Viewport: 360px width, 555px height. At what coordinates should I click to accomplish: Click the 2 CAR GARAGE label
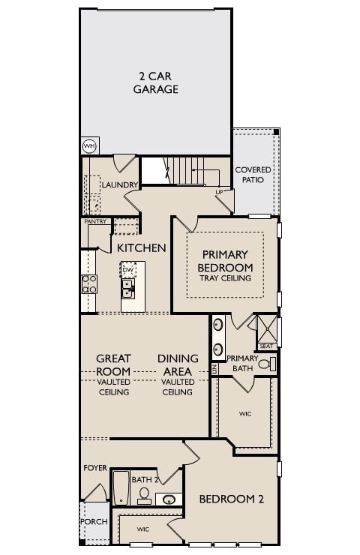(x=156, y=83)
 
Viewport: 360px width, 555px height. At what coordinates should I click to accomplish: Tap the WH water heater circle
(x=89, y=145)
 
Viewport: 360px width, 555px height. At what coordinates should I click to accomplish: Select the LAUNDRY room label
(x=119, y=184)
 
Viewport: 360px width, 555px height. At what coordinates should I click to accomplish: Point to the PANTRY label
(x=94, y=222)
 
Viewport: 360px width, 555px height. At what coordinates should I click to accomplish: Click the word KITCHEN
(x=141, y=247)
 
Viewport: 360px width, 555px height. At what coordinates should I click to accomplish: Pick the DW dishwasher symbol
(x=128, y=270)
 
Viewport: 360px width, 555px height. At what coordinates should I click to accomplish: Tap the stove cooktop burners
(x=88, y=283)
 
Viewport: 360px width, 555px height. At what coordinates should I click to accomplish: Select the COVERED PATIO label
(x=253, y=175)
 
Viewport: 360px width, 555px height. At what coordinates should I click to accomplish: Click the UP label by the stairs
(x=219, y=192)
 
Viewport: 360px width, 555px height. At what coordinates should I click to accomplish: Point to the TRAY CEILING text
(x=225, y=278)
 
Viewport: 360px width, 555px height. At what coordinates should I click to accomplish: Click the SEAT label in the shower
(x=265, y=346)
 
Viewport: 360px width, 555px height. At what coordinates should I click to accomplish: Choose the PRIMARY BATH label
(x=242, y=363)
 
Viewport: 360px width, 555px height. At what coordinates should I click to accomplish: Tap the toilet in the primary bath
(x=265, y=364)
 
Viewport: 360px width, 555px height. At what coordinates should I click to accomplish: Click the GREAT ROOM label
(x=113, y=365)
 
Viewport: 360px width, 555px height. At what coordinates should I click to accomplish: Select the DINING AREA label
(x=178, y=365)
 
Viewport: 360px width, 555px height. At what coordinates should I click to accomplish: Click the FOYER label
(x=95, y=467)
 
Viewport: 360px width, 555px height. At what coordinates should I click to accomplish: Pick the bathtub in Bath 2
(x=120, y=487)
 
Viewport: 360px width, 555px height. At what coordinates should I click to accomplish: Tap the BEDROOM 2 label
(x=230, y=499)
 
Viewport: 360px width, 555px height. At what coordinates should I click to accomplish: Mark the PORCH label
(x=94, y=521)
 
